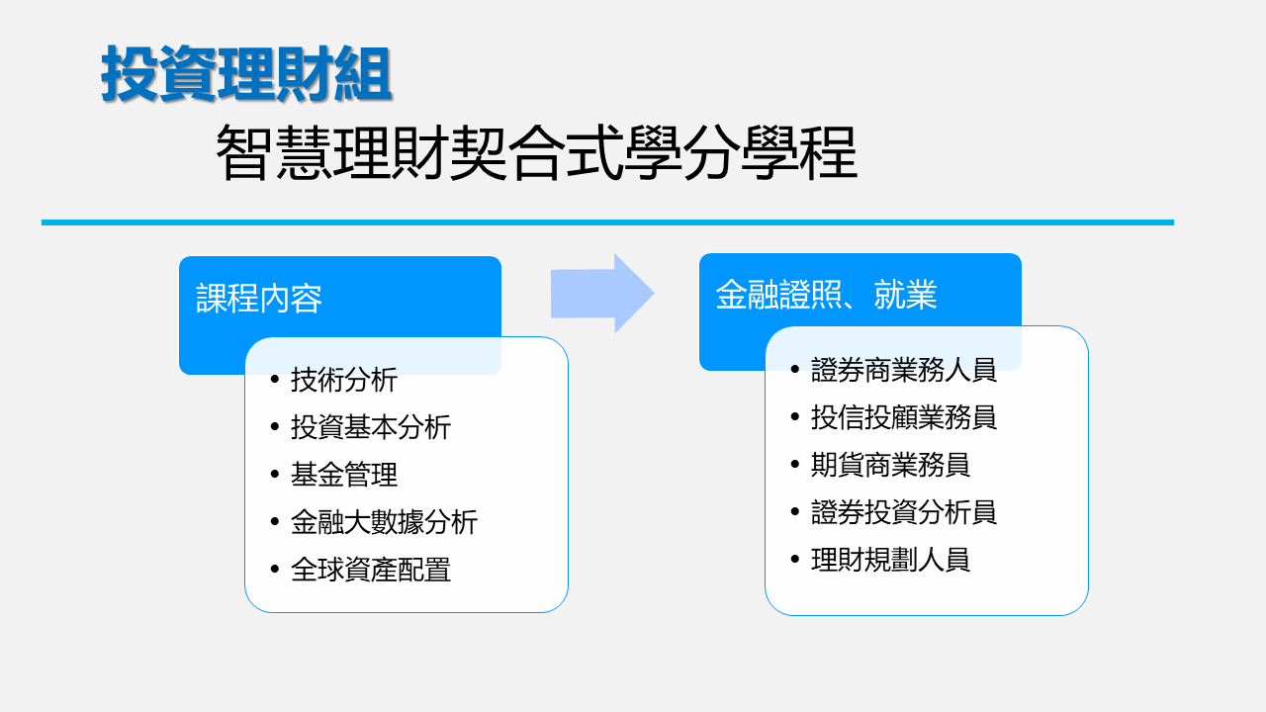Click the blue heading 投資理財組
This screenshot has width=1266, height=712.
(x=246, y=74)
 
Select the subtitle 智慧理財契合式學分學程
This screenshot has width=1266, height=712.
(x=535, y=153)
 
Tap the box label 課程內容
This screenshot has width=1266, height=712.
(x=259, y=298)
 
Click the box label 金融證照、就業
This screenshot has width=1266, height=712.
(x=826, y=295)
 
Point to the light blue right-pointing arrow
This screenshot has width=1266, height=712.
(x=602, y=294)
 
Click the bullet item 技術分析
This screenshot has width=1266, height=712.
(x=344, y=380)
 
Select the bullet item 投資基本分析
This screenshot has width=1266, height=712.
(x=371, y=427)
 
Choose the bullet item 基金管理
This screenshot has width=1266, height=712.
(x=344, y=475)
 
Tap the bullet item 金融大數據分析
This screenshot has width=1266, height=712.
(x=384, y=522)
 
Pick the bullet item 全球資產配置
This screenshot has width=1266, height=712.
(x=371, y=570)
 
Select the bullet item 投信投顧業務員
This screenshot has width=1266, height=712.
(x=904, y=417)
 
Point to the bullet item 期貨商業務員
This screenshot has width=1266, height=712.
(x=890, y=465)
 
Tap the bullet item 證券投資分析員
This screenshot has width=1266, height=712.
(x=904, y=512)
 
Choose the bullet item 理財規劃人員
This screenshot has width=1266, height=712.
(x=890, y=560)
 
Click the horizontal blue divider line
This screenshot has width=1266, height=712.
(x=607, y=222)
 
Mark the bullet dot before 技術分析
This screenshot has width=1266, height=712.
(x=275, y=380)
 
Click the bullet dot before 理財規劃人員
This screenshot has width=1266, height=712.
(x=795, y=560)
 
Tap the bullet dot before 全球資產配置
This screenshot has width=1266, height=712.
(x=275, y=570)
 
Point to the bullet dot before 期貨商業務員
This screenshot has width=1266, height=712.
(x=795, y=465)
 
